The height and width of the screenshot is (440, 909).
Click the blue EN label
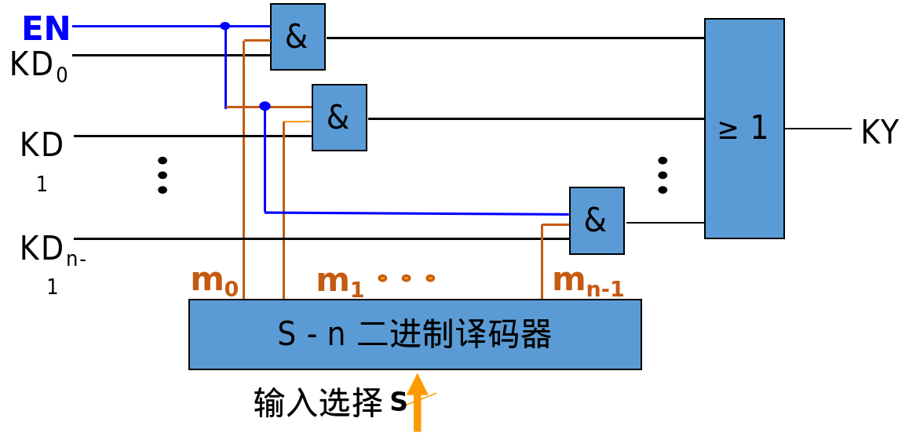coord(46,29)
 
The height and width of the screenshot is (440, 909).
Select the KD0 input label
coord(38,65)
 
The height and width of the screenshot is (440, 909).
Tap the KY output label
coord(879,132)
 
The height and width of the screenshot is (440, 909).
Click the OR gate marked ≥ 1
coord(744,129)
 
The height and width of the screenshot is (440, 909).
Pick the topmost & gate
coord(298,37)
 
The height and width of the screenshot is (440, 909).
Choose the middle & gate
coord(339,118)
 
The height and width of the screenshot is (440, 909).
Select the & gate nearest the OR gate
coord(597,220)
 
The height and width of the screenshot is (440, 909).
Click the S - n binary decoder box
coord(414,334)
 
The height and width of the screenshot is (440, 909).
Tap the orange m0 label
coord(214,281)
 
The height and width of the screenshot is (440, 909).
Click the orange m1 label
coord(340,282)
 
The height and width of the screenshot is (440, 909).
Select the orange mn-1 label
coord(588,282)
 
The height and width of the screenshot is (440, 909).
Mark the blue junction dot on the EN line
coord(225,26)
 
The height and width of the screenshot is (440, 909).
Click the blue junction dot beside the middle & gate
coord(265,106)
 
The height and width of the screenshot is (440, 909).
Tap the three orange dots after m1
coord(406,278)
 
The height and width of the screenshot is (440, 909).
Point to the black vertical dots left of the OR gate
coord(663,175)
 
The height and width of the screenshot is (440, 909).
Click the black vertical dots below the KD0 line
coord(162,175)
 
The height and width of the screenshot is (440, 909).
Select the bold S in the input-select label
coord(398,402)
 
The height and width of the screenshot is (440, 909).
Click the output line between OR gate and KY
coord(817,129)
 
